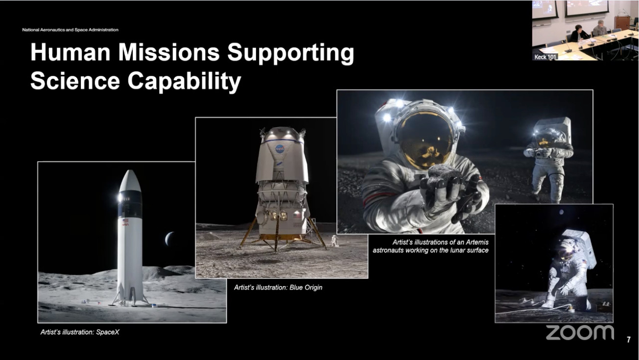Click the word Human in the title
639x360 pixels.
pyautogui.click(x=70, y=52)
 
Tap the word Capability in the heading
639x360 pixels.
pyautogui.click(x=184, y=81)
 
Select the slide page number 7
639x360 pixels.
pyautogui.click(x=628, y=340)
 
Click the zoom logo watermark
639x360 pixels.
pyautogui.click(x=580, y=333)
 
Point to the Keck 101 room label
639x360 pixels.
pyautogui.click(x=545, y=57)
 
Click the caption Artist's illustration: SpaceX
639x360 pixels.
pyautogui.click(x=80, y=333)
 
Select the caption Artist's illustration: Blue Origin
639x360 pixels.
pyautogui.click(x=278, y=287)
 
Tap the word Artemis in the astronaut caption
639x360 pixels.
pyautogui.click(x=477, y=242)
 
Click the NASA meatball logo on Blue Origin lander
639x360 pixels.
pyautogui.click(x=280, y=149)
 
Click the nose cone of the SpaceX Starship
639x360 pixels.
pyautogui.click(x=130, y=181)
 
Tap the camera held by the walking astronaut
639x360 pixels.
pyautogui.click(x=540, y=153)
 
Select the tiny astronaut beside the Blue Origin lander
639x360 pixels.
pyautogui.click(x=334, y=241)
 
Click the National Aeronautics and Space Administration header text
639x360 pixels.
pyautogui.click(x=70, y=30)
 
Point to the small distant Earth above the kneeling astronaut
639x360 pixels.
pyautogui.click(x=562, y=212)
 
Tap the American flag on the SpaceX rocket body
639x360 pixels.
pyautogui.click(x=125, y=220)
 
